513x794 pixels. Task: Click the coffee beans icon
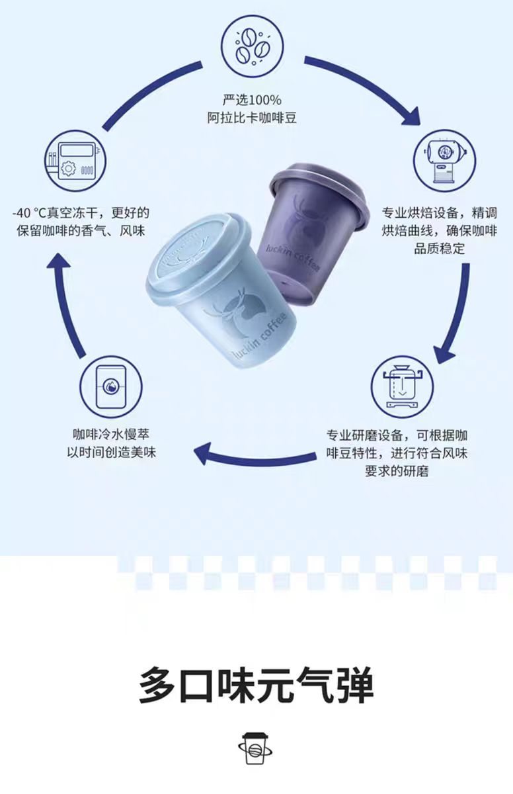[x=253, y=46]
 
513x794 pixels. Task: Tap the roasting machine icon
[x=445, y=161]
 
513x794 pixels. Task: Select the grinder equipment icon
[x=402, y=386]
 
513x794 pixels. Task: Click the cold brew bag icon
[x=111, y=386]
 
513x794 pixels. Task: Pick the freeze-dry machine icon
[x=75, y=161]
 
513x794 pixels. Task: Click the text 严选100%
[x=252, y=100]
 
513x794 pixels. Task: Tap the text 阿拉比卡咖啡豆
[x=252, y=118]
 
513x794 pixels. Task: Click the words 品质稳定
[x=440, y=249]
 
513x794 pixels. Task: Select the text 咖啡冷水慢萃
[x=111, y=434]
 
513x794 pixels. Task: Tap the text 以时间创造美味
[x=112, y=453]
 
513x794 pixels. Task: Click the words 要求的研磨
[x=397, y=471]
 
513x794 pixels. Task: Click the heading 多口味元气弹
[x=256, y=685]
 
